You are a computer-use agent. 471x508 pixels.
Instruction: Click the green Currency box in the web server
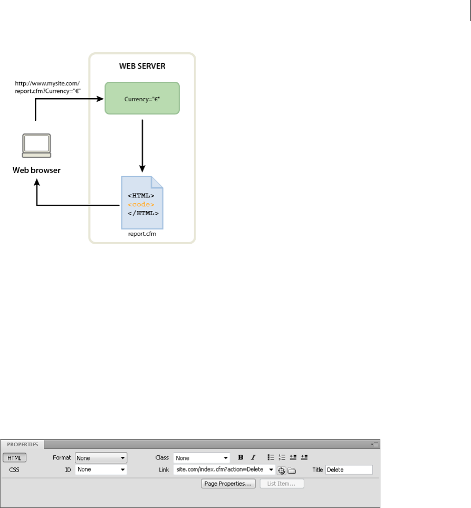tap(142, 98)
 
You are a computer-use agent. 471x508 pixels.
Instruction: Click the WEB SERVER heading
tap(142, 68)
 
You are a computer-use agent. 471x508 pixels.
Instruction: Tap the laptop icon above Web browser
tap(36, 145)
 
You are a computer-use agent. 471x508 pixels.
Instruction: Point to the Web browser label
tap(37, 171)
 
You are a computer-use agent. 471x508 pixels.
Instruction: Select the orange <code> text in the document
tap(141, 204)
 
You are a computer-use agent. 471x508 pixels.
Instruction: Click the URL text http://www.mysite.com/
tap(47, 83)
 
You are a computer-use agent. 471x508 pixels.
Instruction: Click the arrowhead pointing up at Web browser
tap(36, 183)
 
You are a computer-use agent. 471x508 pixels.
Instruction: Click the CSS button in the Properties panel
tap(14, 469)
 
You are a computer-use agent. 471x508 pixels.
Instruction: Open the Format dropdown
tap(101, 458)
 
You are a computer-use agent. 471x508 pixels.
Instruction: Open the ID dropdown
tap(101, 469)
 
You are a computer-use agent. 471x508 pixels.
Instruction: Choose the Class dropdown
tap(201, 458)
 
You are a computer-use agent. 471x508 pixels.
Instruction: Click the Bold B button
tap(241, 457)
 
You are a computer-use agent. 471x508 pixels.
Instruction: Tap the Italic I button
tap(253, 457)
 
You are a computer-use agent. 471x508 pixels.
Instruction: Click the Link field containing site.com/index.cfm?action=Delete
tap(220, 469)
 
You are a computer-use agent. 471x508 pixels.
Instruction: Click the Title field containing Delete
tap(349, 469)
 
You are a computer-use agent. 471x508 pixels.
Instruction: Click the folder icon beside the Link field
tap(291, 470)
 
